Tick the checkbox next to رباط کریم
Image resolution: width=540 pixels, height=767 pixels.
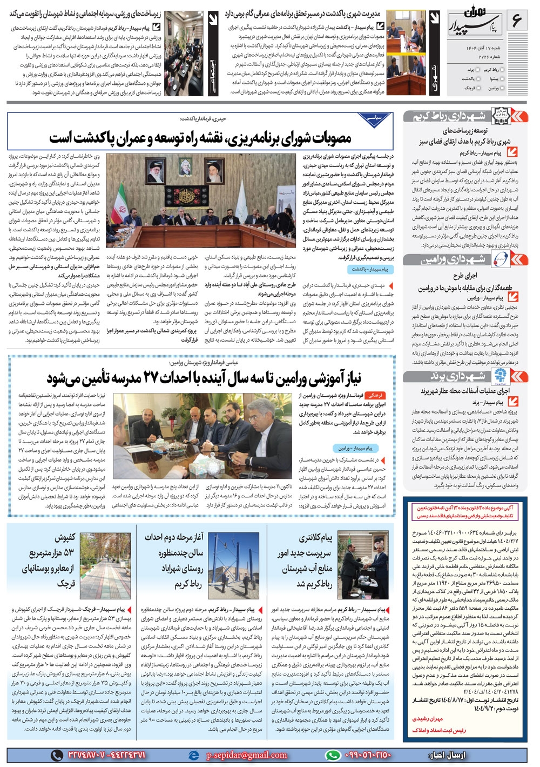point(503,70)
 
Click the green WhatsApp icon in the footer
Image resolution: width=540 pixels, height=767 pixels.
point(333,755)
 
